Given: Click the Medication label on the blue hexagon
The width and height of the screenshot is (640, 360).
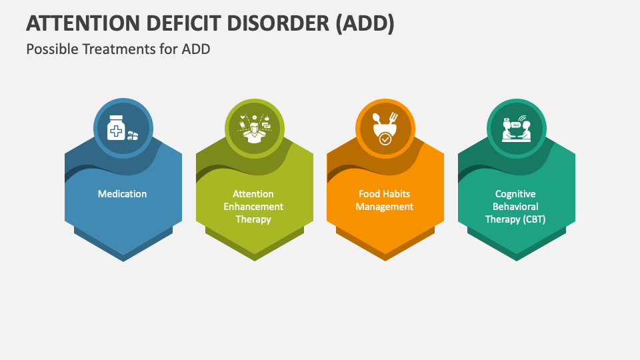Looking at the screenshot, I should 123,194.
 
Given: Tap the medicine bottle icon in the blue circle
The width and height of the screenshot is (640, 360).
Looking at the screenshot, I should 117,129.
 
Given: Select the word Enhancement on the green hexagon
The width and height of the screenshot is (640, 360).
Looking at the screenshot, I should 253,207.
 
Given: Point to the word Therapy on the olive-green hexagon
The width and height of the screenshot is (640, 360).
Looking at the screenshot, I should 253,219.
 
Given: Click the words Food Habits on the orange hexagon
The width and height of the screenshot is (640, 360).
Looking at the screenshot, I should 385,194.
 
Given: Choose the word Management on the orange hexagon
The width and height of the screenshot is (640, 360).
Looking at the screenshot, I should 385,207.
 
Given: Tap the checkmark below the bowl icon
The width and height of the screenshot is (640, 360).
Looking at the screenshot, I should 385,139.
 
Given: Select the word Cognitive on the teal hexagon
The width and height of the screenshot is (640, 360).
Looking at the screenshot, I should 515,194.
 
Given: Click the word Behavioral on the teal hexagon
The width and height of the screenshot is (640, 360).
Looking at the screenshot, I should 515,207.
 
